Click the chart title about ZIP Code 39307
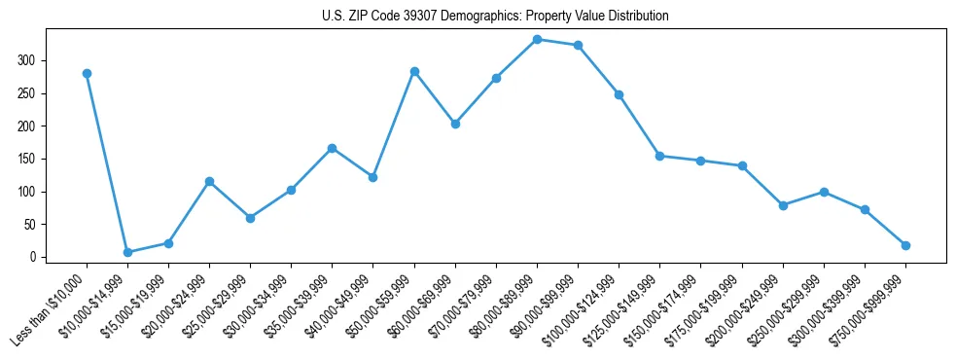pyautogui.click(x=495, y=17)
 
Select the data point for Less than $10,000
pyautogui.click(x=87, y=73)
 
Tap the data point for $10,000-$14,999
pyautogui.click(x=127, y=252)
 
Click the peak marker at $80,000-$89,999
pyautogui.click(x=537, y=39)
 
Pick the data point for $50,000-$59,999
pyautogui.click(x=414, y=71)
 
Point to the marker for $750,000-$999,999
pyautogui.click(x=905, y=245)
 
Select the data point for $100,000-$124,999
pyautogui.click(x=619, y=94)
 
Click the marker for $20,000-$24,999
pyautogui.click(x=209, y=181)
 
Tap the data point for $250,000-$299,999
pyautogui.click(x=824, y=192)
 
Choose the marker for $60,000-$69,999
pyautogui.click(x=455, y=124)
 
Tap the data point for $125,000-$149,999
pyautogui.click(x=659, y=156)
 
